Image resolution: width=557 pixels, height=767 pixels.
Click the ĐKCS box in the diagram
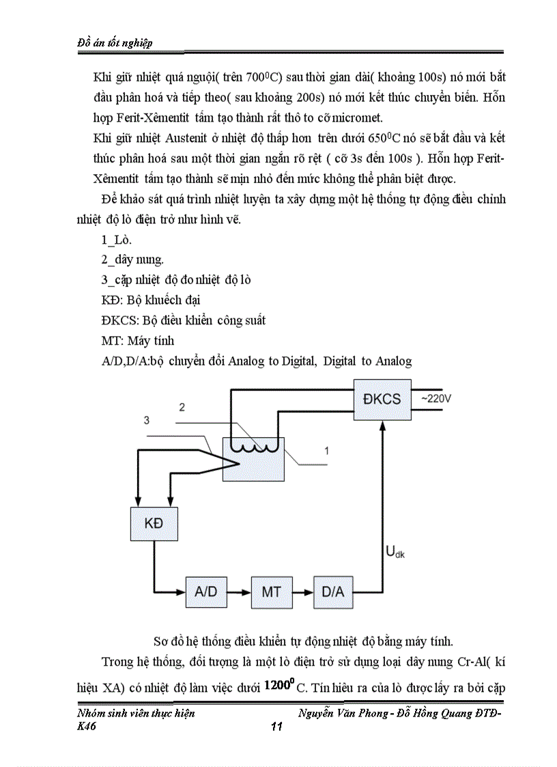coord(382,400)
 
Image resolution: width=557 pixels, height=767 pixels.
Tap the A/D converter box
coord(205,591)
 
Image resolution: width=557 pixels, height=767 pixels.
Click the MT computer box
coord(271,591)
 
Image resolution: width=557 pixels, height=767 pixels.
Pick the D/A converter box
coord(333,591)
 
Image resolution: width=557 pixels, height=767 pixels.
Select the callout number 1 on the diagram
coord(327,451)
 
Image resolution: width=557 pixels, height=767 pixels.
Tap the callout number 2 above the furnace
coord(182,408)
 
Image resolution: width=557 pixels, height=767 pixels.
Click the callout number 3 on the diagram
coord(146,420)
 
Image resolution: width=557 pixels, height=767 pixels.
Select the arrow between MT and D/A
coord(302,591)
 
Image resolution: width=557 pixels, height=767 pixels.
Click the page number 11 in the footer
coord(276,727)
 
